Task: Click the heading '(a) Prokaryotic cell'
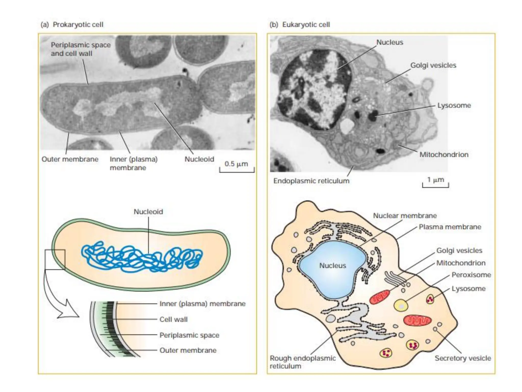[x=72, y=24]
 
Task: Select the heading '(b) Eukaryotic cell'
[x=300, y=24]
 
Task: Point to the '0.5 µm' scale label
[x=236, y=164]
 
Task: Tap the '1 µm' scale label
[x=436, y=180]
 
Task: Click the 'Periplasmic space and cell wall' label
[x=81, y=49]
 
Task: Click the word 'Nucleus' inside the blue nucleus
[x=333, y=266]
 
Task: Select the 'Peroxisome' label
[x=471, y=275]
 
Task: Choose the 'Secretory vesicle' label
[x=463, y=358]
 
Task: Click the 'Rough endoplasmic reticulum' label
[x=303, y=362]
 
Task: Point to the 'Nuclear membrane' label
[x=405, y=216]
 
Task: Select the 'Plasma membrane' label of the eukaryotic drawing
[x=450, y=227]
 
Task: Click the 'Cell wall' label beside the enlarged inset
[x=173, y=319]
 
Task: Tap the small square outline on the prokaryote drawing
[x=55, y=260]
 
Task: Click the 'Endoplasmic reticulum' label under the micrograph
[x=311, y=181]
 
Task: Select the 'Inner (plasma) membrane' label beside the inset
[x=202, y=304]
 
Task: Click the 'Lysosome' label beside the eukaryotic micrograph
[x=454, y=105]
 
